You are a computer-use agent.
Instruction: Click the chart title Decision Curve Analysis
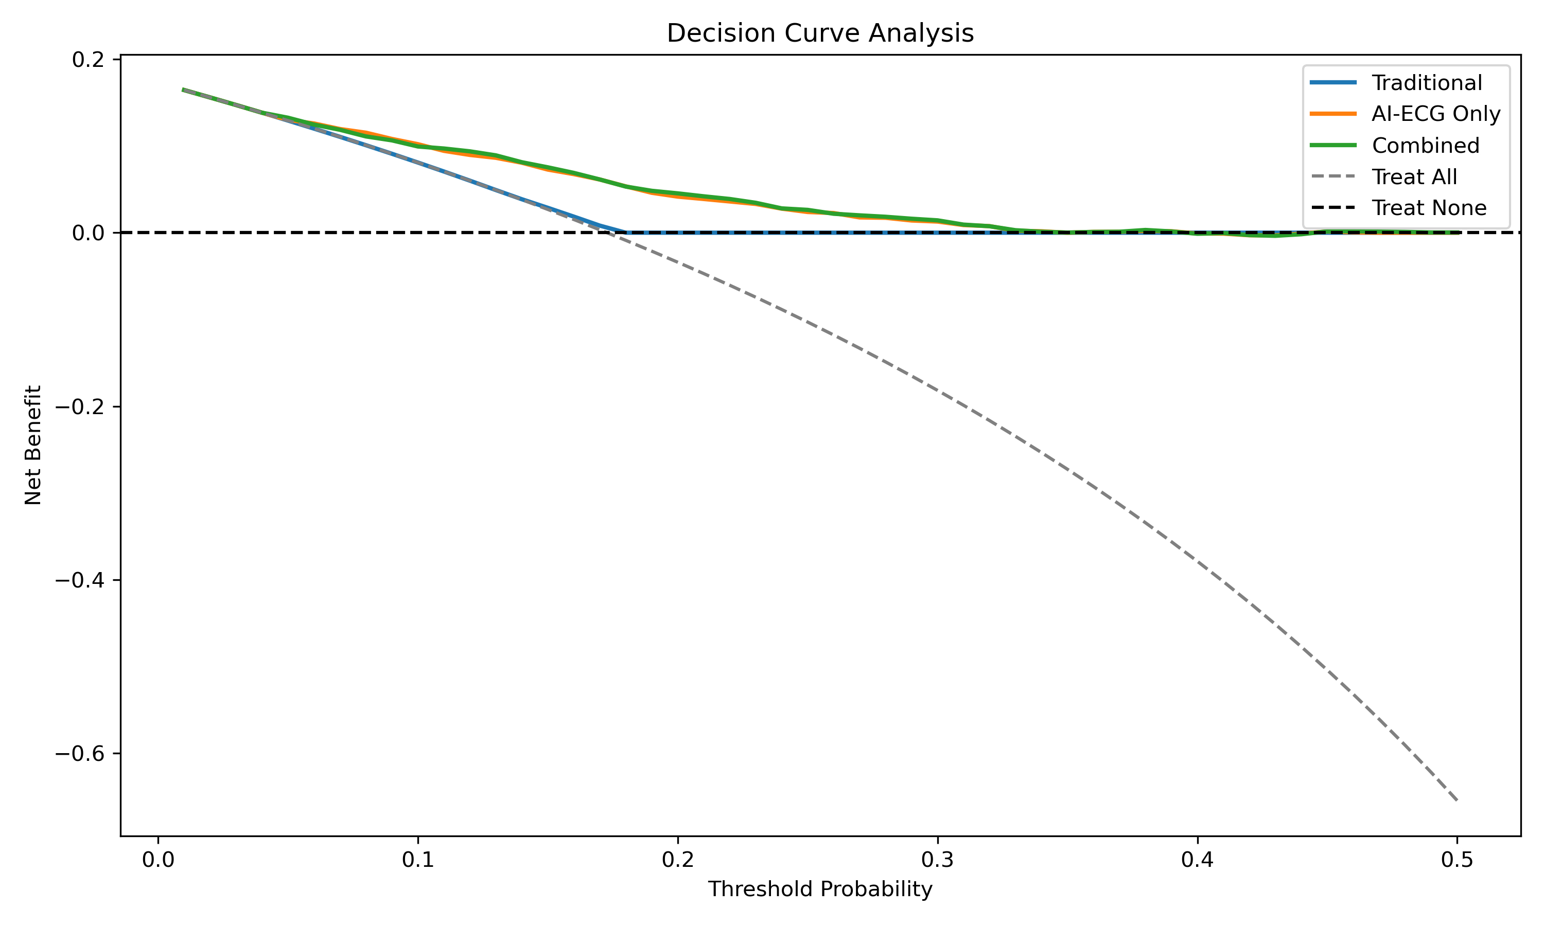pyautogui.click(x=819, y=33)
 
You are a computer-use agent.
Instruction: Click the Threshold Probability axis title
pyautogui.click(x=819, y=889)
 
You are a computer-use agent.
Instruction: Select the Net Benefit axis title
pyautogui.click(x=33, y=445)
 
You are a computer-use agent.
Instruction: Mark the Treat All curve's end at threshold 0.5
pyautogui.click(x=1457, y=800)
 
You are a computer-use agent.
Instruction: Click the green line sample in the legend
pyautogui.click(x=1333, y=146)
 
